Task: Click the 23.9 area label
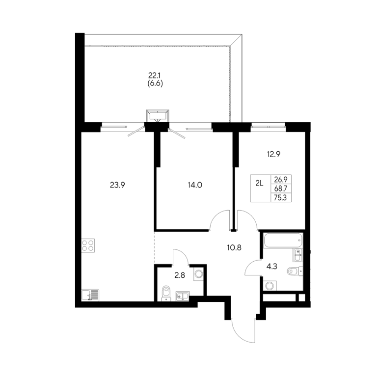(x=117, y=185)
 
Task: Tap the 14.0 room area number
(x=195, y=185)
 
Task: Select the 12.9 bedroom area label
(x=273, y=154)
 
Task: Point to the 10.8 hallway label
(x=234, y=247)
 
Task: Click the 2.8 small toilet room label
(x=180, y=275)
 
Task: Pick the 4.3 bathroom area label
(x=271, y=267)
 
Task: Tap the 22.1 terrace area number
(x=154, y=76)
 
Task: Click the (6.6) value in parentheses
(x=155, y=83)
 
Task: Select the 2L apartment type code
(x=259, y=184)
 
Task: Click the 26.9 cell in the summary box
(x=281, y=179)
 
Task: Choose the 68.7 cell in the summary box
(x=281, y=188)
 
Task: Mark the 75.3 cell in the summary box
(x=281, y=198)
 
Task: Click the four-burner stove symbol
(x=88, y=245)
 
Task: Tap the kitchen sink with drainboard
(x=90, y=295)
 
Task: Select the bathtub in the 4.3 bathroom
(x=283, y=240)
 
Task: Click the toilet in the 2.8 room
(x=165, y=294)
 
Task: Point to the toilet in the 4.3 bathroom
(x=295, y=271)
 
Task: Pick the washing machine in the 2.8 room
(x=199, y=274)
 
